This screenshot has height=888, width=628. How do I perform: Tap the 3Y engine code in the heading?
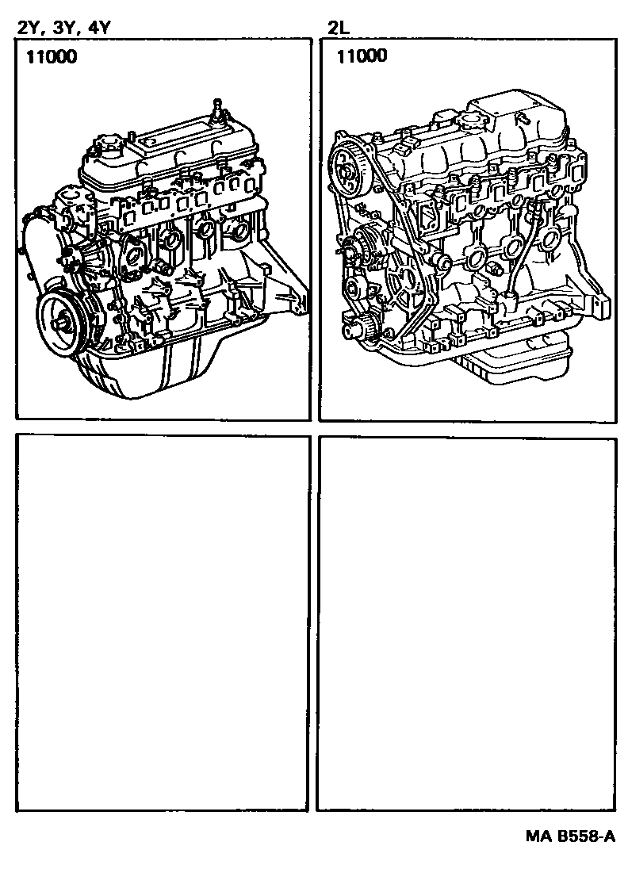click(62, 28)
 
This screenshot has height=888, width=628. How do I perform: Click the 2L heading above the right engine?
click(339, 28)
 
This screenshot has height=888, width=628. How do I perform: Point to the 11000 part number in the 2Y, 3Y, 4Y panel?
click(51, 56)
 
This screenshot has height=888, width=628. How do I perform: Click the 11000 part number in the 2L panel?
click(362, 55)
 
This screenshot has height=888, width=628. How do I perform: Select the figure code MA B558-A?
click(569, 836)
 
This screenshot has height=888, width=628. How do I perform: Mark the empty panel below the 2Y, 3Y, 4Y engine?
click(163, 622)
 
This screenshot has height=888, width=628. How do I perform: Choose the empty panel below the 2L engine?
click(466, 622)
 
